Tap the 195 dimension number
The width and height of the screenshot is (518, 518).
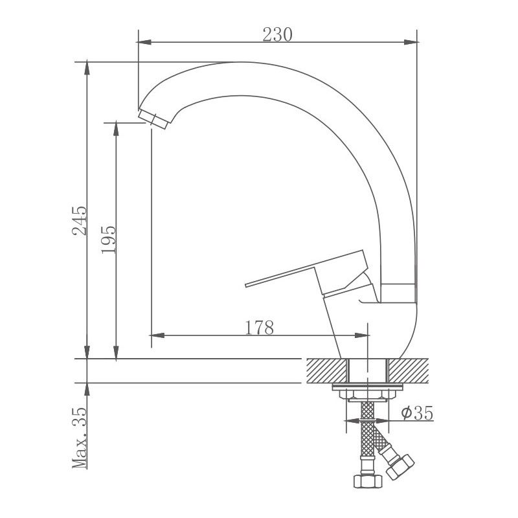108,240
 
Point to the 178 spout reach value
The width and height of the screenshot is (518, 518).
260,328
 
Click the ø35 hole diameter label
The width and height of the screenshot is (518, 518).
417,412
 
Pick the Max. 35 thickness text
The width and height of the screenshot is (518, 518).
78,438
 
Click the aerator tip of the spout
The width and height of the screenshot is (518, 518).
155,119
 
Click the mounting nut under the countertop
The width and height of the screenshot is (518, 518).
367,392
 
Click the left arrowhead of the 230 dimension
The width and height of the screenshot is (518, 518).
144,43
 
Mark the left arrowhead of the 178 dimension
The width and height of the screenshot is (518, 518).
155,335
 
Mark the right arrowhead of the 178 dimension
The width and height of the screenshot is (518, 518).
363,335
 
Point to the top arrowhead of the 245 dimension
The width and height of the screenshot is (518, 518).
87,67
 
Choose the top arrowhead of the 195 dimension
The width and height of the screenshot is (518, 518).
116,126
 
